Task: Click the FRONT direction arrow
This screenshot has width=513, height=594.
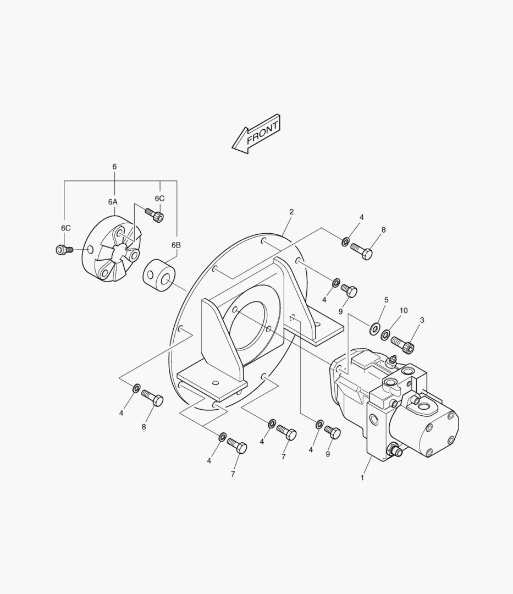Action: point(256,134)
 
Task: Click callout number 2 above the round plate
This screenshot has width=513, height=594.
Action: point(291,212)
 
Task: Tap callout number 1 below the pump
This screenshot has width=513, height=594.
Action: point(362,478)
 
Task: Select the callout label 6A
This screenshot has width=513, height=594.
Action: point(113,202)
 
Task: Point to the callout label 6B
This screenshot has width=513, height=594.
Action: point(176,245)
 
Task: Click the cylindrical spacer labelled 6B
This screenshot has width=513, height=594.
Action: point(159,276)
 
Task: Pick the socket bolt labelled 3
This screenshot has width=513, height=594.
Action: point(403,344)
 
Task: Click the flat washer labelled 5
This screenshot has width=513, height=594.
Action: point(375,328)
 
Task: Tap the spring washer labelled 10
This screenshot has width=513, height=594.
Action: point(385,334)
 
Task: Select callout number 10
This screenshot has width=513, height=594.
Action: point(404,311)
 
